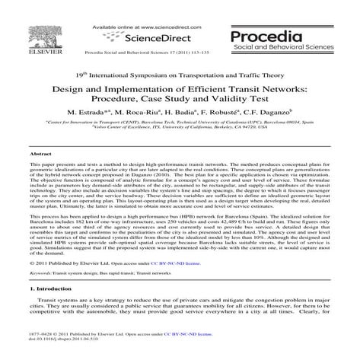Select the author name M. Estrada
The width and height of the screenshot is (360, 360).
pos(88,112)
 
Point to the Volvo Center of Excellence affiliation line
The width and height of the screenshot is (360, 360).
pos(180,127)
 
